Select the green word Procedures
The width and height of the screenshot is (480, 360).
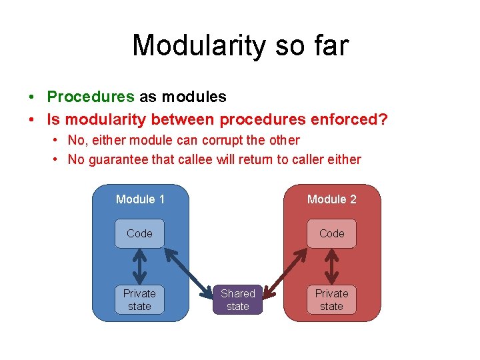[x=91, y=97]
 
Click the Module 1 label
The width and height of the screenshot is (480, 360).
[x=140, y=199]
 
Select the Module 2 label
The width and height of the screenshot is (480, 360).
[x=331, y=199]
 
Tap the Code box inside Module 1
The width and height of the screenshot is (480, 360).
[x=139, y=233]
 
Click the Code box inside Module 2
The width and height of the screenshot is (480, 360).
[x=331, y=233]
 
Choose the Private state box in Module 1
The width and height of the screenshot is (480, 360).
[x=139, y=299]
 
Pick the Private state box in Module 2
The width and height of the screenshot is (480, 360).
[x=331, y=299]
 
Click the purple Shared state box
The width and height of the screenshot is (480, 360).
[x=238, y=299]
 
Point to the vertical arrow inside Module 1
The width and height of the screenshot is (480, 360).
[x=139, y=266]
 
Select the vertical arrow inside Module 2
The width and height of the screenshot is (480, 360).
[x=331, y=266]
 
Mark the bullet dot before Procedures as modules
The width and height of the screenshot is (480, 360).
[x=32, y=97]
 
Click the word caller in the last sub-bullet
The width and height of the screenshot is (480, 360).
[x=311, y=160]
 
